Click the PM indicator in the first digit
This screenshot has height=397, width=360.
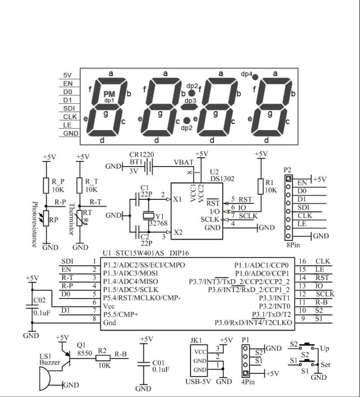pyautogui.click(x=109, y=94)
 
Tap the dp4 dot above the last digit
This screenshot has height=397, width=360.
pyautogui.click(x=255, y=77)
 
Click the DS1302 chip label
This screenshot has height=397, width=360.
pyautogui.click(x=223, y=178)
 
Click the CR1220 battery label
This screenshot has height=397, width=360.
pyautogui.click(x=140, y=154)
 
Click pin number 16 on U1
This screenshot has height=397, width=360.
pyautogui.click(x=303, y=261)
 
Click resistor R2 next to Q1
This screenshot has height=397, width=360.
pyautogui.click(x=103, y=358)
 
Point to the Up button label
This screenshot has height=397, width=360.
pyautogui.click(x=324, y=349)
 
